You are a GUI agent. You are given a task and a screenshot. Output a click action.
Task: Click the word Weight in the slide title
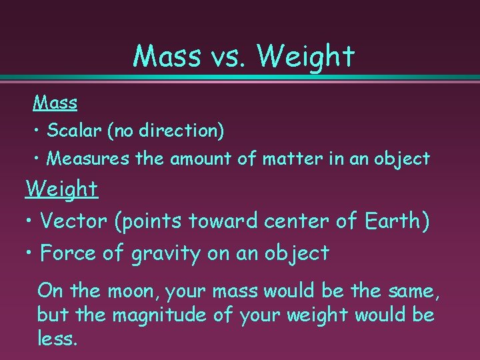[x=305, y=57]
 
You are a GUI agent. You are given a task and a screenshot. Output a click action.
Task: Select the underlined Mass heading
[x=55, y=103]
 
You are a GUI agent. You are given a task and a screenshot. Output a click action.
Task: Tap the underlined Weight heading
[x=62, y=189]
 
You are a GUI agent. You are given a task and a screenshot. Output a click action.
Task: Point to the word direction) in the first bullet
[x=185, y=131]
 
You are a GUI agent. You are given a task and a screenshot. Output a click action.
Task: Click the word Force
[x=69, y=253]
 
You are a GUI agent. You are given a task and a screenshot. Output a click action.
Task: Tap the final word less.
[x=57, y=338]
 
